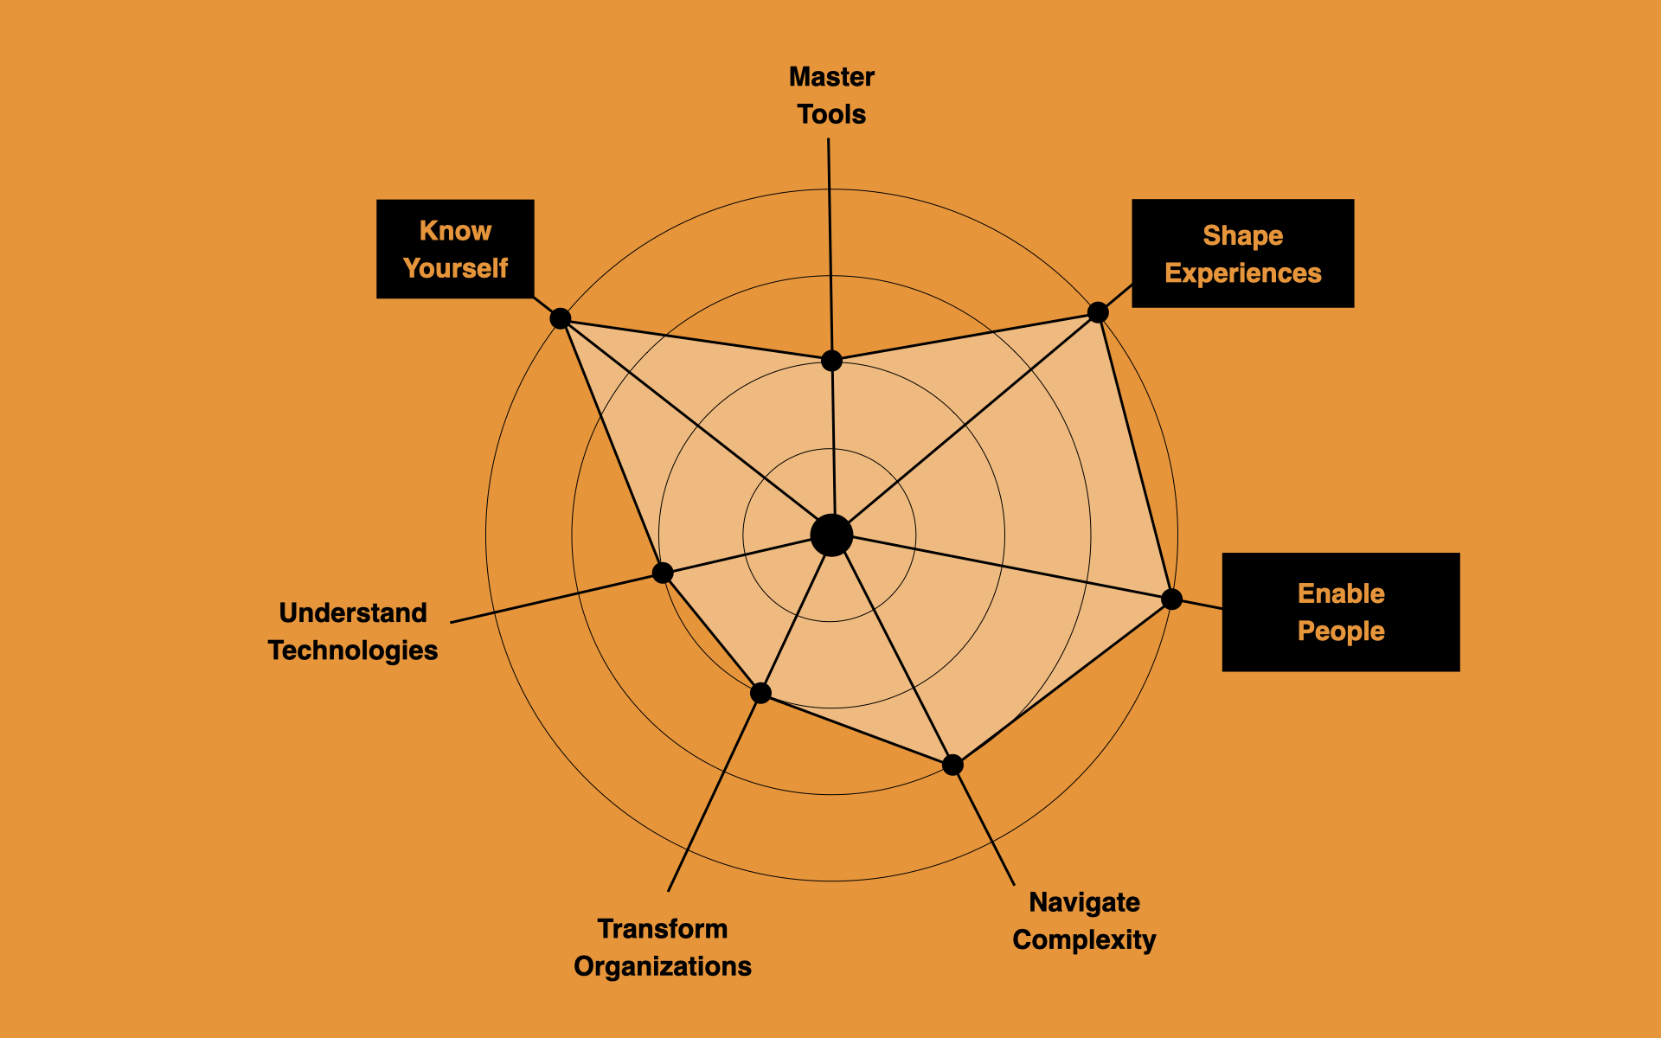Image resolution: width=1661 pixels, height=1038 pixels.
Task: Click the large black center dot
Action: (831, 535)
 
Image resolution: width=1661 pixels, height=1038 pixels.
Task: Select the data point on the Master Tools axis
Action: (831, 360)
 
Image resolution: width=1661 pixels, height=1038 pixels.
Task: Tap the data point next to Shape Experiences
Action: (1098, 312)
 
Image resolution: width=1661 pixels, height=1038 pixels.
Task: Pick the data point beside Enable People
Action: (1171, 599)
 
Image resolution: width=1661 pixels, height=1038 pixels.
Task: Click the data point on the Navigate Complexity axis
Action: (952, 765)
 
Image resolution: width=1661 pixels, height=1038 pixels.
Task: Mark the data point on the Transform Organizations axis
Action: (760, 693)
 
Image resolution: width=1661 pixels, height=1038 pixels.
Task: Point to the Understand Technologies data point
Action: (663, 573)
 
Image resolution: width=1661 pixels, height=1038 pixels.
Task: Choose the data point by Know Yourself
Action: (561, 318)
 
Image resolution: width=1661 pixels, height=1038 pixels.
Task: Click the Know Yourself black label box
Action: (455, 249)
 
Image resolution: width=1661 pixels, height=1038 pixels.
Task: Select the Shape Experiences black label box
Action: (1242, 253)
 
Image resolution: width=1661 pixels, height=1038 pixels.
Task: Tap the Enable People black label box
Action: (1340, 612)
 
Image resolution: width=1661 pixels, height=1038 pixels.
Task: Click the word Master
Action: (831, 77)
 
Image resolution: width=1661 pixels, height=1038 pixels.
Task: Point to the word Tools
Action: (831, 114)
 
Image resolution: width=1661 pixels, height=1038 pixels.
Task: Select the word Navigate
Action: (1084, 902)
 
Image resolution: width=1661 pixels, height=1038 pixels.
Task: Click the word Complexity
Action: (1084, 939)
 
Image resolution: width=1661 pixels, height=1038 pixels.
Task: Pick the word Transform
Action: (663, 929)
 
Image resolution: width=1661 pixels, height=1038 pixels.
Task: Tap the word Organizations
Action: (663, 966)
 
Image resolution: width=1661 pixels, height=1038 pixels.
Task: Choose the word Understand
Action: (353, 612)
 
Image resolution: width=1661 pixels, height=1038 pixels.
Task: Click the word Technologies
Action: (353, 650)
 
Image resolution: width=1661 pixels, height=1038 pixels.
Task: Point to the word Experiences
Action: (1242, 273)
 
